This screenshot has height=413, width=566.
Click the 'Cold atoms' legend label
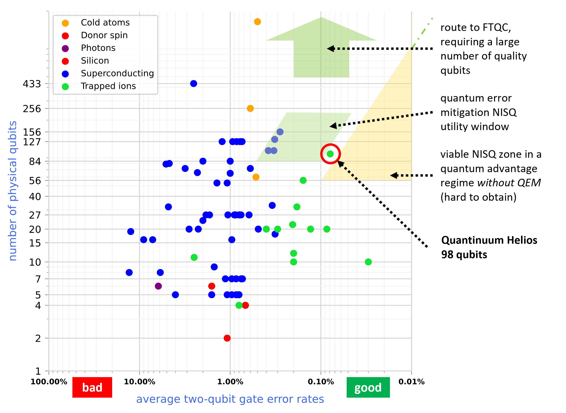[105, 23]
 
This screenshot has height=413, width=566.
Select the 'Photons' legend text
[98, 48]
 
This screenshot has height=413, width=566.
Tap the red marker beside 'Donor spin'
[65, 36]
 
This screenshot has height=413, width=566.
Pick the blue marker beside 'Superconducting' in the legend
[65, 74]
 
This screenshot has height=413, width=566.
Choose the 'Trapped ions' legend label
[108, 86]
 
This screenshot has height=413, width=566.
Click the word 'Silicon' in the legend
[95, 61]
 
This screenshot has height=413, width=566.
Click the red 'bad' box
[92, 387]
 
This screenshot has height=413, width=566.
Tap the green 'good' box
[368, 387]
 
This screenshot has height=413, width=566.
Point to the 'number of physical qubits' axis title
[13, 191]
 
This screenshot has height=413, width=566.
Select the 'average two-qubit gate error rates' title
[230, 399]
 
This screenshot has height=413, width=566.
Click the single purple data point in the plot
[158, 286]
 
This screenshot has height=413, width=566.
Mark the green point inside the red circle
[330, 154]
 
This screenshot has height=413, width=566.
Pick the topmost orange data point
[257, 22]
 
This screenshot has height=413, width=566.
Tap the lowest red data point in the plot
[227, 338]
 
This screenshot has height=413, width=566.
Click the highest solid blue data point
[194, 84]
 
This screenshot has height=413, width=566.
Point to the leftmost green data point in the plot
[194, 257]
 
